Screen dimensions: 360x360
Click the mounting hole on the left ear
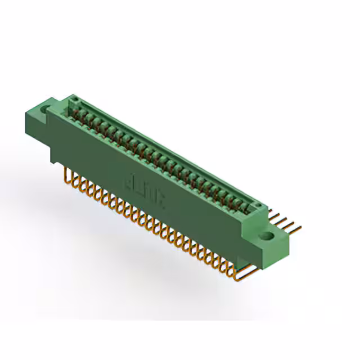pos(44,107)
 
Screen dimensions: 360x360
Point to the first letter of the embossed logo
pos(129,181)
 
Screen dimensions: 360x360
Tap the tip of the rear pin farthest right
pos(300,228)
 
